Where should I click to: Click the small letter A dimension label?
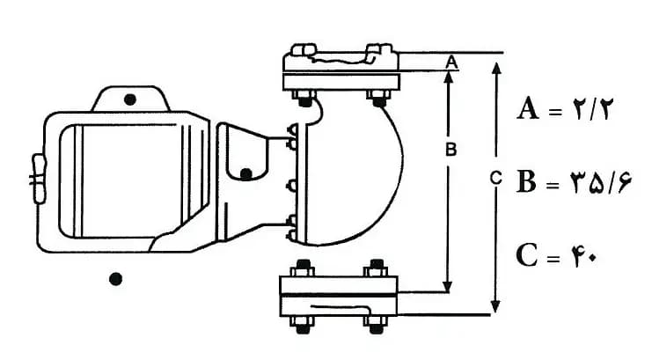pos(452,62)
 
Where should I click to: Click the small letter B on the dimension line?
pos(451,150)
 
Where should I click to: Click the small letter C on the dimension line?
pos(495,178)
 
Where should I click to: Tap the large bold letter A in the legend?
pos(528,108)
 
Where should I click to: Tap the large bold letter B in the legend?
pos(526,181)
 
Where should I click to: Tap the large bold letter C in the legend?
pos(526,254)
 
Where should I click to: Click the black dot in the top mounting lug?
pos(130,99)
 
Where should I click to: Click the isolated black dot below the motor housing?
pos(115,279)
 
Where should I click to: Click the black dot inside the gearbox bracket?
pos(246,173)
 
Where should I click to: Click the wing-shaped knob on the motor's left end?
pos(38,178)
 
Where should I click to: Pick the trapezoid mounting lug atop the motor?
pos(130,99)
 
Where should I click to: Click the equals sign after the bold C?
pos(553,258)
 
